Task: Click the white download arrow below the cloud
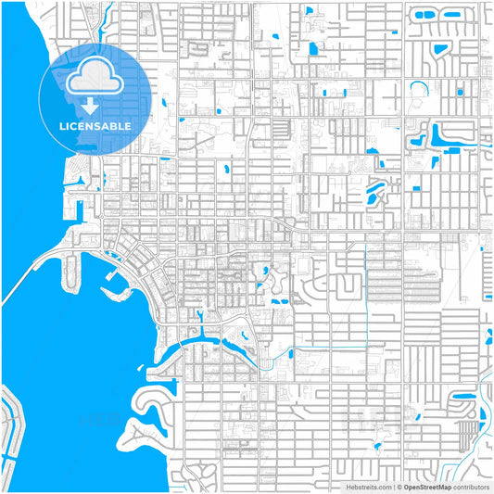[x=91, y=105]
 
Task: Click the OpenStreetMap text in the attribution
[x=429, y=486]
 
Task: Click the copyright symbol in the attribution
[x=399, y=486]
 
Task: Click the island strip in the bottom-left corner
[x=13, y=436]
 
